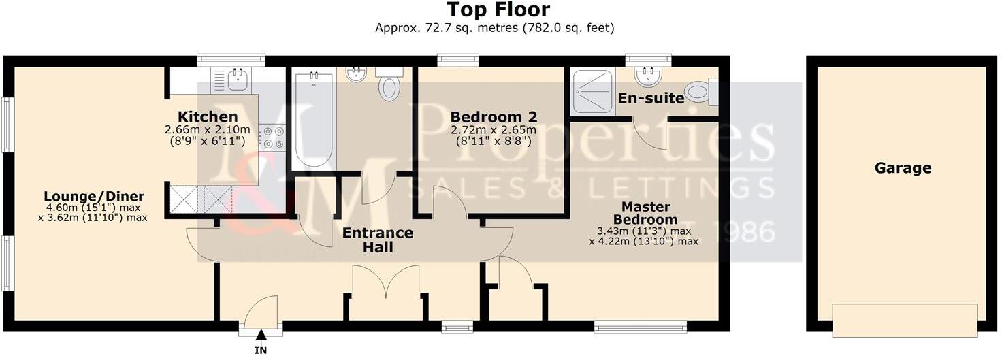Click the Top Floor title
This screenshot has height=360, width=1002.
498,10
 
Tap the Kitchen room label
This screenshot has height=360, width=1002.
208,116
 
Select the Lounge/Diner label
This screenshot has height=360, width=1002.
95,197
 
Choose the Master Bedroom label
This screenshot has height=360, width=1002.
645,213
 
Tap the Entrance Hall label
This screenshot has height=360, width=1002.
378,240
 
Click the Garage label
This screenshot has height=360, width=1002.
903,168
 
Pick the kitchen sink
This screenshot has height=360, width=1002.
238,80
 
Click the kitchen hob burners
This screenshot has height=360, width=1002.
266,137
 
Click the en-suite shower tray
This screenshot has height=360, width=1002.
592,91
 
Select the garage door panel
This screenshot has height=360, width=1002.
905,321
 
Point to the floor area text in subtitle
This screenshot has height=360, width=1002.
495,28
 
